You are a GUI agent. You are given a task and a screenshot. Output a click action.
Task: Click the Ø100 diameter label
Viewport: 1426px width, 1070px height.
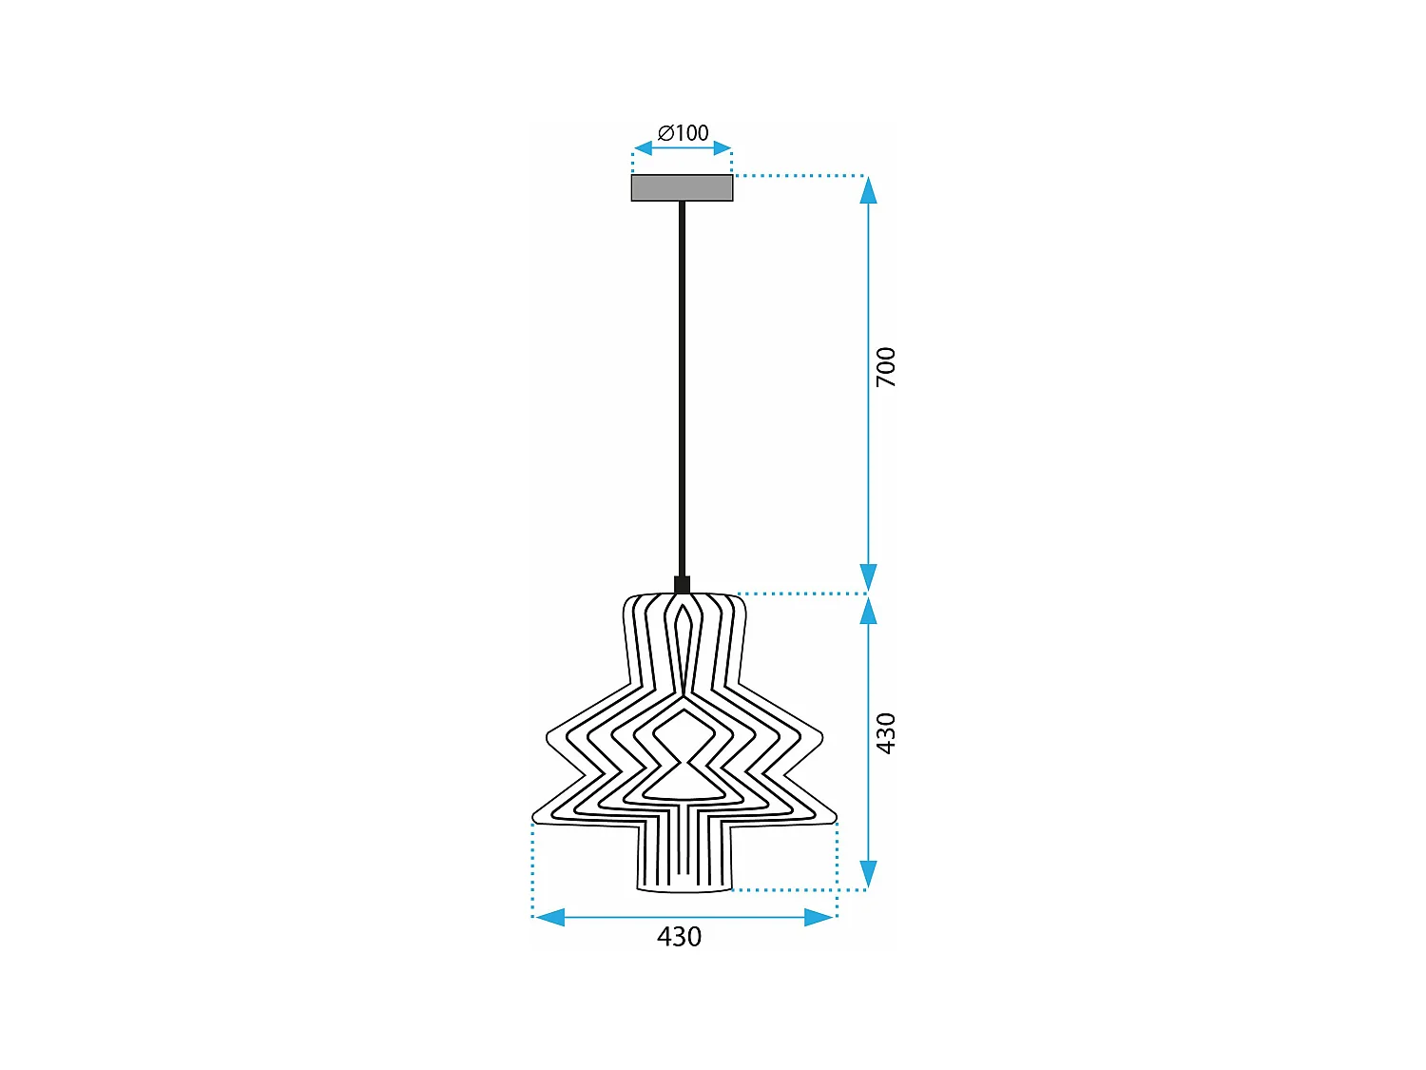pyautogui.click(x=683, y=133)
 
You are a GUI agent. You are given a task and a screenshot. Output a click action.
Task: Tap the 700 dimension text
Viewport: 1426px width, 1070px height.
pyautogui.click(x=885, y=367)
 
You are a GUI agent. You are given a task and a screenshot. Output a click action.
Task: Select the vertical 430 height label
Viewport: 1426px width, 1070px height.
pyautogui.click(x=885, y=733)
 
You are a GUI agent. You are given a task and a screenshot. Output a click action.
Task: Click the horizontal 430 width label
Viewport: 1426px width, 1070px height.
pyautogui.click(x=679, y=937)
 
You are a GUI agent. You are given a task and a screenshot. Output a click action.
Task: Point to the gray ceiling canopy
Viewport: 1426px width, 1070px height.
pyautogui.click(x=682, y=188)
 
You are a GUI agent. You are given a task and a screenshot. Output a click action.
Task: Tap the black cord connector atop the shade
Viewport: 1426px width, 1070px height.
pyautogui.click(x=682, y=584)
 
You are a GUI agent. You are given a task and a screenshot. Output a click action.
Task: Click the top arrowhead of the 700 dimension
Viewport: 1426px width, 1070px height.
pyautogui.click(x=868, y=190)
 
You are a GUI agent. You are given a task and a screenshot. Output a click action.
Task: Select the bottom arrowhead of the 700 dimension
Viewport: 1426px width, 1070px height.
pyautogui.click(x=868, y=577)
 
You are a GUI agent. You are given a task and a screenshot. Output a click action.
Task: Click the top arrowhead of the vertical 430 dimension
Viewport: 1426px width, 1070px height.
pyautogui.click(x=868, y=610)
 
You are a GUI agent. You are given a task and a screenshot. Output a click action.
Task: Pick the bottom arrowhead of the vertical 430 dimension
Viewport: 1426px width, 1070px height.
pyautogui.click(x=868, y=874)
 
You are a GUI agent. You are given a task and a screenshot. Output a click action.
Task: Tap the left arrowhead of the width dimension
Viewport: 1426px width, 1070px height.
pyautogui.click(x=549, y=917)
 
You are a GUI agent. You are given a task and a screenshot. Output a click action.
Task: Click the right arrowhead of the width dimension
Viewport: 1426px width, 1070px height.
pyautogui.click(x=819, y=917)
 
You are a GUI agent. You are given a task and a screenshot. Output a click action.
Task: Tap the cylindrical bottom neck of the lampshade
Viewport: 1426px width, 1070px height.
pyautogui.click(x=684, y=856)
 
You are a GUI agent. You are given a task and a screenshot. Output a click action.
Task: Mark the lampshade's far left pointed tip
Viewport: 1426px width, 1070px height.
pyautogui.click(x=534, y=817)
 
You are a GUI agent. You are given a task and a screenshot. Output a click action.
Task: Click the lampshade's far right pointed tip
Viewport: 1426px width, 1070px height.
pyautogui.click(x=835, y=817)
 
